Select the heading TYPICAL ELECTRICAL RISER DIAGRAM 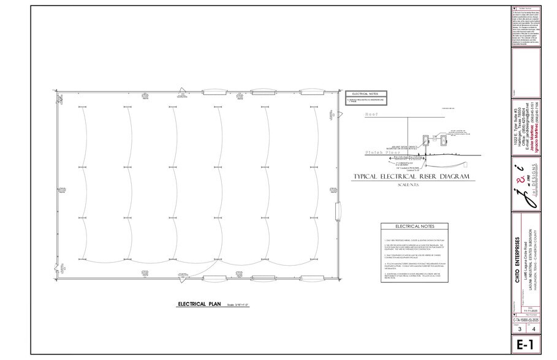click(x=403, y=176)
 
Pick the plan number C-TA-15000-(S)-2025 click(x=526, y=319)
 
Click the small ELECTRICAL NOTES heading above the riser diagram click(x=363, y=93)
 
